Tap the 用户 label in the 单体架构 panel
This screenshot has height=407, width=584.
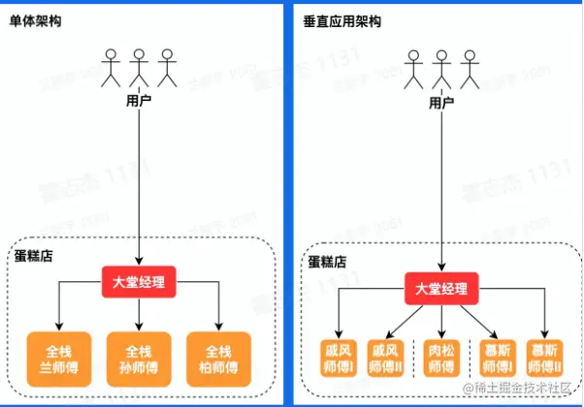(x=140, y=100)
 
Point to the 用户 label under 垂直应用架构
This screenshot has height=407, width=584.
(x=441, y=100)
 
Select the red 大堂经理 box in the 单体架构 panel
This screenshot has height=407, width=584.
(x=140, y=284)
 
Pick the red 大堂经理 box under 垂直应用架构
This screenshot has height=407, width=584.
(x=441, y=288)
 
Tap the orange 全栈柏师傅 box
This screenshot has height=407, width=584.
(x=221, y=355)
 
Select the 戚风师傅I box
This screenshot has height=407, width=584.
(x=341, y=357)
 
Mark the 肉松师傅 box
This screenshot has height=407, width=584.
(x=442, y=357)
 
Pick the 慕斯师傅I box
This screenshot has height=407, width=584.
(x=495, y=357)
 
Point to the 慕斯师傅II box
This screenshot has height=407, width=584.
(x=546, y=357)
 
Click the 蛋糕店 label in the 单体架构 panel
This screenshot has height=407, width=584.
(x=35, y=256)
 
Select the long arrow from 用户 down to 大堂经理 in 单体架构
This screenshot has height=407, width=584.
(x=140, y=184)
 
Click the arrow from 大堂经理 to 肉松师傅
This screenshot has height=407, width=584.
(x=442, y=318)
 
